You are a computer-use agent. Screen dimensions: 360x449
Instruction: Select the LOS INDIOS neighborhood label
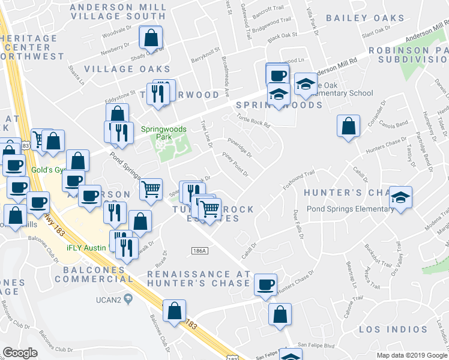tap(393, 329)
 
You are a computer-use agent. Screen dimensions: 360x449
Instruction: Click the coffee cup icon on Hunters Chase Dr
tap(265, 285)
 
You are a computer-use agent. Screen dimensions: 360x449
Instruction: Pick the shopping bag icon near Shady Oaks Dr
tap(150, 38)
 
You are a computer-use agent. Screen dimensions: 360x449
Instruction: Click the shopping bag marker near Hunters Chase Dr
tap(348, 127)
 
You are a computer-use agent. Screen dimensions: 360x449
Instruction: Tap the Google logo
tap(19, 352)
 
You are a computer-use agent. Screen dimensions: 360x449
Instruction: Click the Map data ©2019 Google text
tap(412, 355)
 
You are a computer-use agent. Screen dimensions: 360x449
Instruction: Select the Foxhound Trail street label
tap(300, 178)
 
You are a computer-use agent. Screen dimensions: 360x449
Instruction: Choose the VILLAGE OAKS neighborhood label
tap(127, 69)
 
